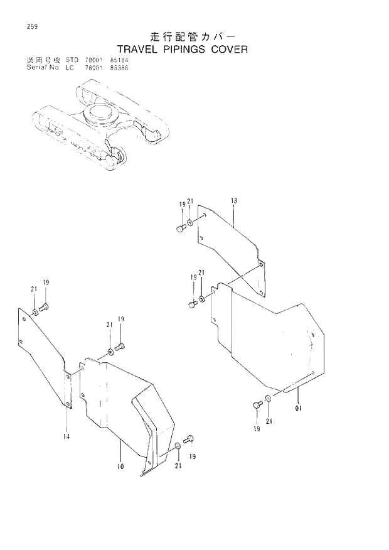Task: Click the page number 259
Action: coord(24,26)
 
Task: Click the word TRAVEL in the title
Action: coord(135,49)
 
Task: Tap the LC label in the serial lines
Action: coord(70,68)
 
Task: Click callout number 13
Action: coord(233,201)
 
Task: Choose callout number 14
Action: coord(67,436)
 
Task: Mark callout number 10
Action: coord(120,466)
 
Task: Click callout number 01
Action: coord(299,408)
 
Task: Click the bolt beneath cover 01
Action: coord(257,406)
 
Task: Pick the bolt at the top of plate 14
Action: coord(44,307)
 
